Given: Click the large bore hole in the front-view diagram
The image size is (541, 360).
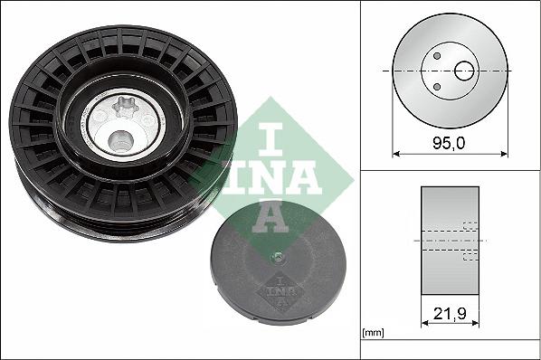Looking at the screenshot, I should pyautogui.click(x=465, y=70).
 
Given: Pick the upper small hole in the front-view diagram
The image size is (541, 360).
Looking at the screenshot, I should pyautogui.click(x=436, y=56).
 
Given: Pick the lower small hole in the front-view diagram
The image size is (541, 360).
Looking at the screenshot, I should pyautogui.click(x=436, y=87).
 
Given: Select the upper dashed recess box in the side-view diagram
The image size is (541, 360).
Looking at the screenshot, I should pyautogui.click(x=469, y=227).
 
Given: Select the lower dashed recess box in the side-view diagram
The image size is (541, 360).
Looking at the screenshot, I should pyautogui.click(x=469, y=256).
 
